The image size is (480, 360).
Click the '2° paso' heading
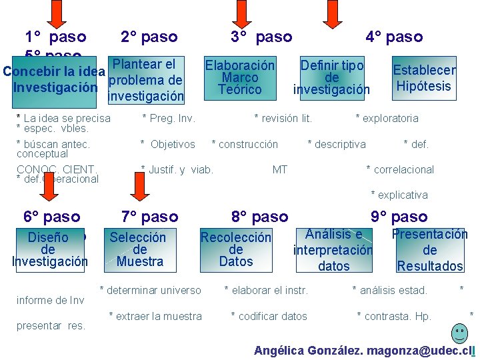149,37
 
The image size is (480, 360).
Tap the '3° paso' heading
261,37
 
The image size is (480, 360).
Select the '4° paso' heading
394,37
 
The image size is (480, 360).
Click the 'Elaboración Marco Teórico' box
239,77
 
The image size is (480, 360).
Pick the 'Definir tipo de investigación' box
332,77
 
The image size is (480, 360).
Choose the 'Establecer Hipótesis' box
424,78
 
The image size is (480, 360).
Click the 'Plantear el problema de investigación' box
146,81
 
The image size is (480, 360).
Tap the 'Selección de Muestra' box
139,249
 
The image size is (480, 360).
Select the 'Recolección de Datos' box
236,249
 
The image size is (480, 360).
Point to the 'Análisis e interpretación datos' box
333,250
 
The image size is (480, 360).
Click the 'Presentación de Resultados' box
430,250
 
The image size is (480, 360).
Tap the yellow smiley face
459,332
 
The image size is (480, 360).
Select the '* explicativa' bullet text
399,195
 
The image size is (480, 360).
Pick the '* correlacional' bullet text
400,169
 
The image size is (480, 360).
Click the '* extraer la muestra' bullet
155,316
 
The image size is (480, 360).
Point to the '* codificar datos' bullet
269,316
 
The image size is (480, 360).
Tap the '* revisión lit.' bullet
283,119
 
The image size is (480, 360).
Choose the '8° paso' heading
260,217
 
